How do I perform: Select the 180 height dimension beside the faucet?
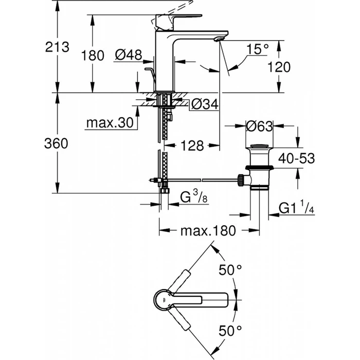pyautogui.click(x=93, y=55)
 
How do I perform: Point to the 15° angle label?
pyautogui.click(x=257, y=49)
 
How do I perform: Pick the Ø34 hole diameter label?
pyautogui.click(x=205, y=104)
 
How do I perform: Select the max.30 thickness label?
pyautogui.click(x=109, y=123)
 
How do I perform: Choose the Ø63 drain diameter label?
pyautogui.click(x=260, y=125)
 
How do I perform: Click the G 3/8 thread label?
pyautogui.click(x=193, y=196)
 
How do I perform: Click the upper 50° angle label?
pyautogui.click(x=230, y=269)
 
